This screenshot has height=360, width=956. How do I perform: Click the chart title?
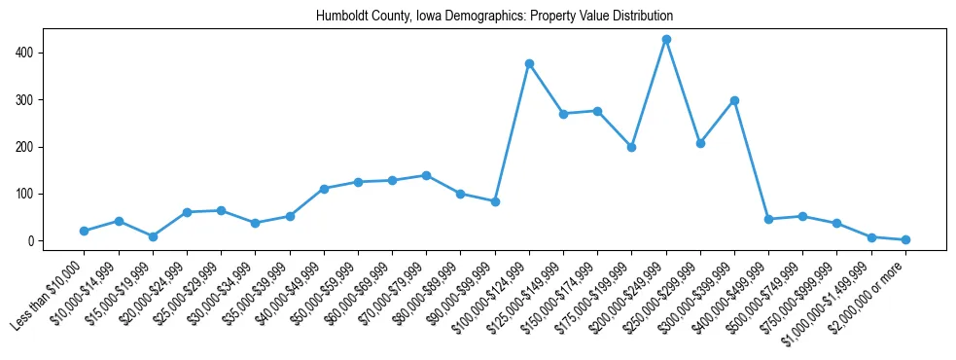(494, 17)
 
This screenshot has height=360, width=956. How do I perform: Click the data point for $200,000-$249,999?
(666, 39)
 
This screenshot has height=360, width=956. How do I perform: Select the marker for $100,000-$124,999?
(529, 63)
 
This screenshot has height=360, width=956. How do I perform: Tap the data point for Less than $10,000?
(85, 231)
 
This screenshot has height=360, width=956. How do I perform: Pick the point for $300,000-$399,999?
(734, 100)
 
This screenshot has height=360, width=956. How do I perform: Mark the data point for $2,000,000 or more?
(905, 239)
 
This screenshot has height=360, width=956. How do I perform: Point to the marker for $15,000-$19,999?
(153, 236)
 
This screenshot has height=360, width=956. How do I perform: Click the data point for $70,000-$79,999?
(426, 175)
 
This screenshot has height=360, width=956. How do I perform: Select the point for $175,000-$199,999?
(631, 147)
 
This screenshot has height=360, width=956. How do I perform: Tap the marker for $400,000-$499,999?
(768, 219)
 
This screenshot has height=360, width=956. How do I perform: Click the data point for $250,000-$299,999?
(700, 143)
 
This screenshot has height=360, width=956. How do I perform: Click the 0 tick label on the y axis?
(33, 241)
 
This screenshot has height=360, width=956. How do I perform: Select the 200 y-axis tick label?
(26, 147)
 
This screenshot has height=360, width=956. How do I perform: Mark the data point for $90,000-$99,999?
(495, 201)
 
